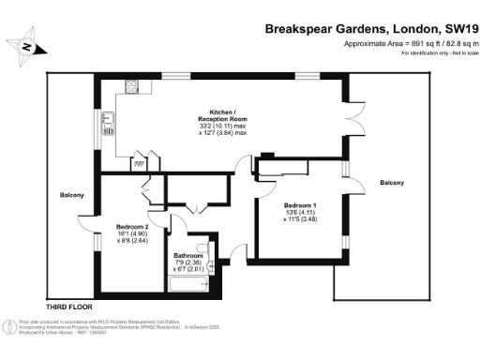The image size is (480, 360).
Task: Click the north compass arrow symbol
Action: click(x=28, y=46)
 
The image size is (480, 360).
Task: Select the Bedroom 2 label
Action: click(x=133, y=226)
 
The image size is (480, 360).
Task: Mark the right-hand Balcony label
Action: click(x=392, y=182)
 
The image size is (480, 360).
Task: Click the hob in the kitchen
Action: click(x=132, y=90)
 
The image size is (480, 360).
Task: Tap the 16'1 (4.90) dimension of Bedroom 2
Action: click(x=133, y=234)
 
